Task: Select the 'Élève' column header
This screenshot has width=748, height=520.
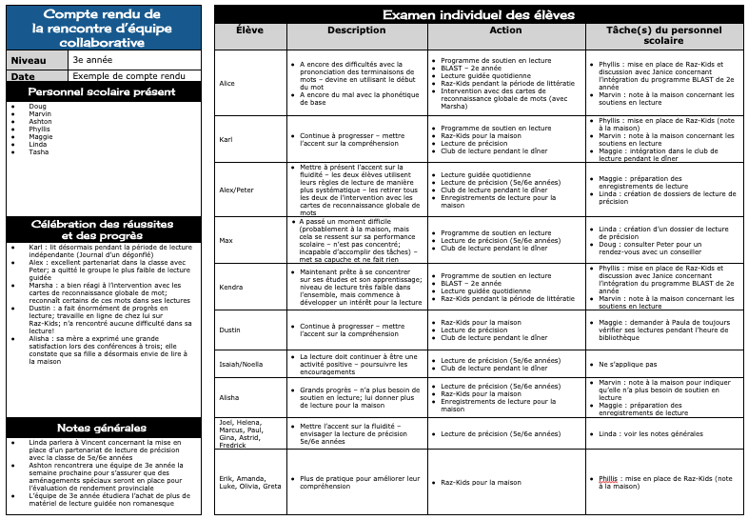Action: pyautogui.click(x=249, y=30)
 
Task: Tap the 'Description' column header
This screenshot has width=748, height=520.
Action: pyautogui.click(x=355, y=30)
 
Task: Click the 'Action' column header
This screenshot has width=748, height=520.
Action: pyautogui.click(x=504, y=30)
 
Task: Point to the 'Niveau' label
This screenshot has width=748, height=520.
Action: pyautogui.click(x=28, y=60)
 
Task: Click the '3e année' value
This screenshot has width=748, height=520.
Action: pyautogui.click(x=89, y=60)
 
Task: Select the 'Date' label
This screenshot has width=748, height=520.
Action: pyautogui.click(x=23, y=76)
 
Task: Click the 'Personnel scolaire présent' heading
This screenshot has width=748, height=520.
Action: pyautogui.click(x=103, y=91)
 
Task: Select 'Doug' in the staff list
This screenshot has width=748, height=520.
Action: pyautogui.click(x=37, y=106)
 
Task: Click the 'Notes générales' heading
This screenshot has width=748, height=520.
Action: pyautogui.click(x=103, y=428)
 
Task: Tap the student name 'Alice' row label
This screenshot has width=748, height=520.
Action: pyautogui.click(x=227, y=84)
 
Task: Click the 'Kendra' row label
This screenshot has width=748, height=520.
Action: pyautogui.click(x=230, y=287)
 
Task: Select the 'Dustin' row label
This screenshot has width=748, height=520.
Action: pyautogui.click(x=229, y=330)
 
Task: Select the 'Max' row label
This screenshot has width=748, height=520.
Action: pyautogui.click(x=225, y=240)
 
